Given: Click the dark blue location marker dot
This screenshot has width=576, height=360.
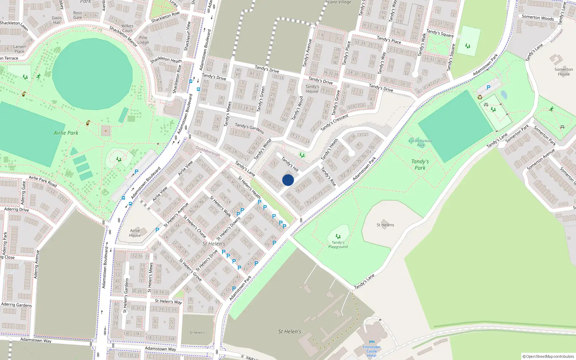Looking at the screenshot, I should point(288,180).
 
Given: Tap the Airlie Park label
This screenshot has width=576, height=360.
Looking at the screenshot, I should point(66,133).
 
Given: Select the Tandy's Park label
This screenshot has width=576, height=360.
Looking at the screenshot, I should point(420,165).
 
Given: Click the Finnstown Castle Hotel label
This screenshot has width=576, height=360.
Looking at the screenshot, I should point(372,351).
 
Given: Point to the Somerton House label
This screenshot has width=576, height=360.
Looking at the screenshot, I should point(564,72).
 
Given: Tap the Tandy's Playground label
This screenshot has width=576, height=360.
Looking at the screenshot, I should point(338,245).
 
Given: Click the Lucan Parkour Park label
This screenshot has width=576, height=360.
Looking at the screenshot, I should point(420,143).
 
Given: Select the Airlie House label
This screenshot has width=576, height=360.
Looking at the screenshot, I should point(135,233).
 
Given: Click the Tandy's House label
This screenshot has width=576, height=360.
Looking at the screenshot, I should point(312,89).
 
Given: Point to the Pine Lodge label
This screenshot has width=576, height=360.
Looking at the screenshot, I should point(143,40).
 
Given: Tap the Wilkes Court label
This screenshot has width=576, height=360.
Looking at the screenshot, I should point(127,28).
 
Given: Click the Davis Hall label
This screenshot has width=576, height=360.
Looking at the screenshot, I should point(57,20).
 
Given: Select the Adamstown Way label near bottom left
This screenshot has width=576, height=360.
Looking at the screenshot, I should point(36,340).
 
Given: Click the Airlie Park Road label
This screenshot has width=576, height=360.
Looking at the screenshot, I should point(43,181).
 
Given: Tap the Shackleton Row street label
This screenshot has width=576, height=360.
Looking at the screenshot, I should point(165,17).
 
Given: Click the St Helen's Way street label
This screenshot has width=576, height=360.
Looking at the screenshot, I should point(168,302).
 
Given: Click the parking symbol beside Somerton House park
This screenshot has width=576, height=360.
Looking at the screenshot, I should point(489,87).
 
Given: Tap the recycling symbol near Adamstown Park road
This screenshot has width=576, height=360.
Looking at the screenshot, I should point(480,97).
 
